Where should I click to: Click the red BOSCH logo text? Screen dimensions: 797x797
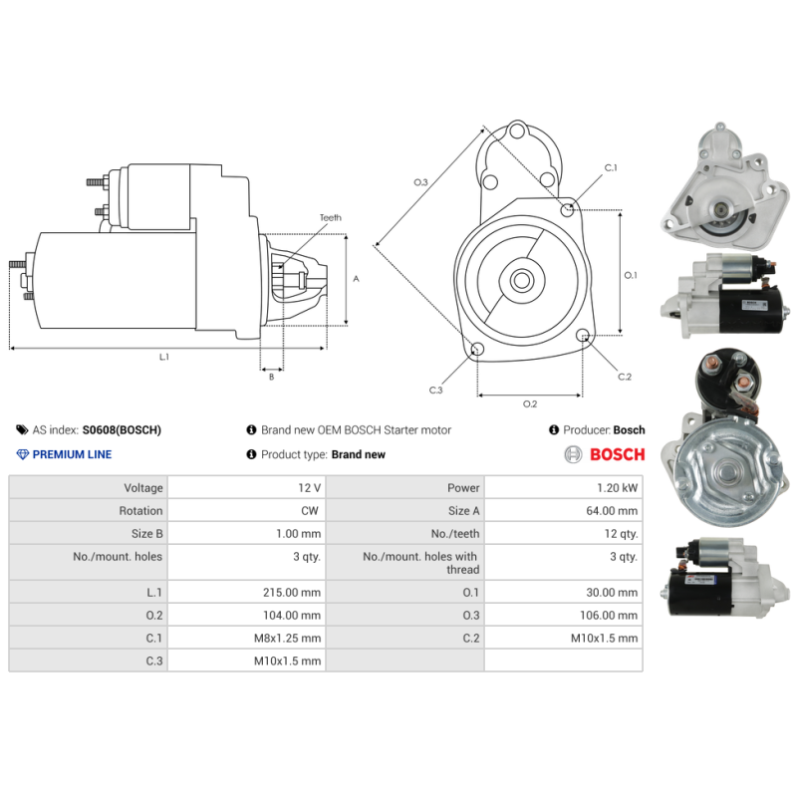(x=617, y=454)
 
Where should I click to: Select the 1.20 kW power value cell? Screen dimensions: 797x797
(x=619, y=488)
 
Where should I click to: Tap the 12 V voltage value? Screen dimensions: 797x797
(x=309, y=488)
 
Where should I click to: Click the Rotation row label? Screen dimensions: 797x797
(x=142, y=511)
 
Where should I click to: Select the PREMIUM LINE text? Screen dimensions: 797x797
(x=72, y=454)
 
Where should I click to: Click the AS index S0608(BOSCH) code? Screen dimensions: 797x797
(x=121, y=430)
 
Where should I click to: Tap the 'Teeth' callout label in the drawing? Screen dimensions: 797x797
(x=330, y=217)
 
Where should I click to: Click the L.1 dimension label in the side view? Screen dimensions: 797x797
(x=163, y=357)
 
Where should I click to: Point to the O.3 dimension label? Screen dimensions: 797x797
(x=420, y=182)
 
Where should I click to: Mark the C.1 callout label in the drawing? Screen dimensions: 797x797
(x=611, y=168)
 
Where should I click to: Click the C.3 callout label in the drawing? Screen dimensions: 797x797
(x=435, y=390)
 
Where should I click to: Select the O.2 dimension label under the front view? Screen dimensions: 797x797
(x=530, y=403)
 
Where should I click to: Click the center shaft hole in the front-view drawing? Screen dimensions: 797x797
(x=521, y=280)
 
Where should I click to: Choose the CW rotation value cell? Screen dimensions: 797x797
(x=311, y=511)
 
